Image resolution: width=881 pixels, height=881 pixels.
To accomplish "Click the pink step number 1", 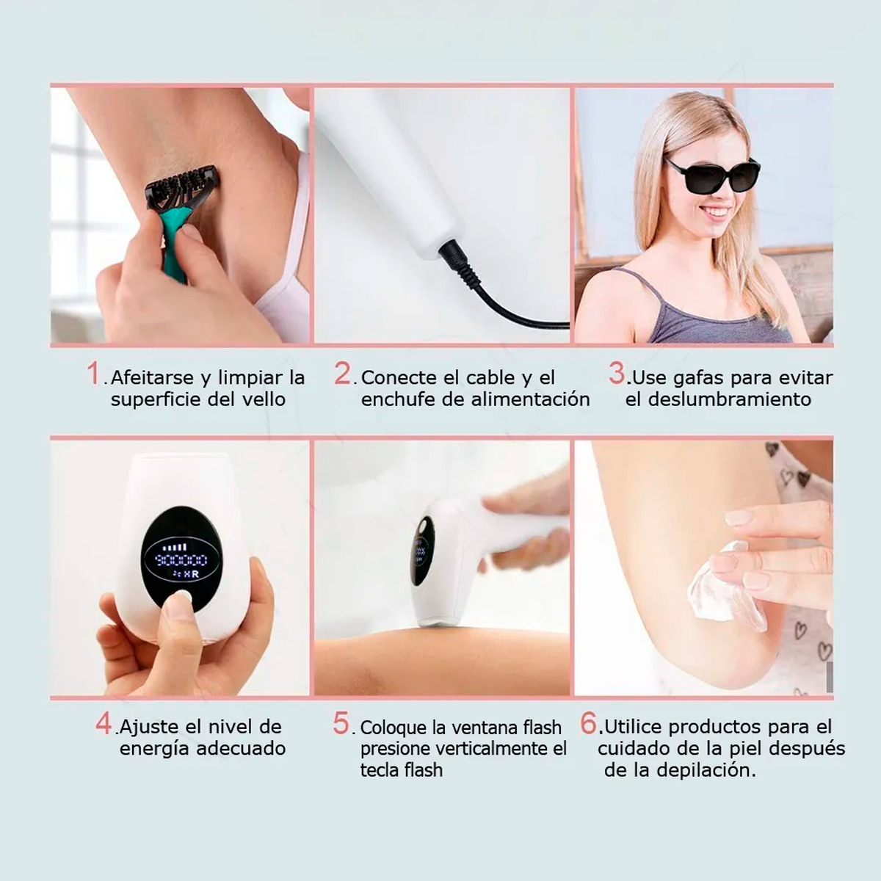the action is pos(93,374).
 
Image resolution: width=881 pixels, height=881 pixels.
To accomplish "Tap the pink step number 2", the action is pos(342,374).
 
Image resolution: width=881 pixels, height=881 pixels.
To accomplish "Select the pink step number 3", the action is pos(617,374).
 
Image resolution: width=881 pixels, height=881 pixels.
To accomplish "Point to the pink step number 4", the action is pos(104,723).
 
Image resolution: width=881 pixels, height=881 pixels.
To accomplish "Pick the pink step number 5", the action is pos(341,723).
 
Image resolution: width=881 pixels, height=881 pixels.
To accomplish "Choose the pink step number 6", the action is pos(589,723).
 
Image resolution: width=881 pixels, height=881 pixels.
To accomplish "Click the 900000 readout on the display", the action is pos(181,559).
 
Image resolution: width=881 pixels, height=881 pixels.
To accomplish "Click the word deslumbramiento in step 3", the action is pos(730,399).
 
